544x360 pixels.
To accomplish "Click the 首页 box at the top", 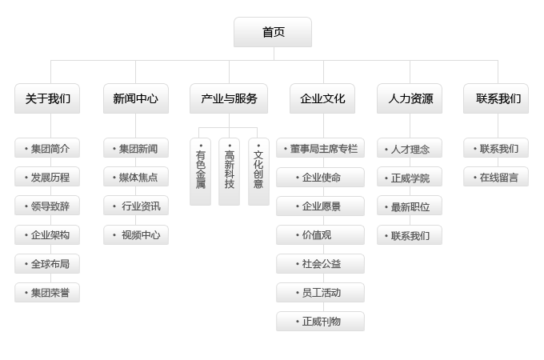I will click(x=273, y=32).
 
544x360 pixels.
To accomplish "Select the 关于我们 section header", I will click(x=47, y=98).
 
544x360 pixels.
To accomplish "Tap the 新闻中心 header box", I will click(x=135, y=98).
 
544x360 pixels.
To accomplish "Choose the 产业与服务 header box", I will click(x=229, y=98).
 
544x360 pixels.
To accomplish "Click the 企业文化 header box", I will click(x=322, y=98).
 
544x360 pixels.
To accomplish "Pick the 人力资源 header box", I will click(x=410, y=98).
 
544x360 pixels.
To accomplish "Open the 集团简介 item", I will click(x=47, y=149).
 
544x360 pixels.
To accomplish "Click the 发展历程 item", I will click(x=47, y=178).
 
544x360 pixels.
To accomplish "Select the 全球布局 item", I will click(x=47, y=264).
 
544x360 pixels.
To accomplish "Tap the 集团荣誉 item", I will click(x=47, y=293).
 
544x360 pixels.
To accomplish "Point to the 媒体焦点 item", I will click(x=135, y=178).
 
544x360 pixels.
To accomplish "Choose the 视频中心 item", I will click(x=135, y=235).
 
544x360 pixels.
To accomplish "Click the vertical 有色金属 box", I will click(x=200, y=171).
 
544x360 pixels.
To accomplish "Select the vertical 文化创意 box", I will click(x=258, y=171).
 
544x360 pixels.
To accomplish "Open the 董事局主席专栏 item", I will click(x=320, y=149).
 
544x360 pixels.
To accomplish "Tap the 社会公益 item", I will click(x=320, y=264).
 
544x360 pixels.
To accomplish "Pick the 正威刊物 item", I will click(x=320, y=322).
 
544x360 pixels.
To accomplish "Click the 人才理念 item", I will click(x=410, y=150).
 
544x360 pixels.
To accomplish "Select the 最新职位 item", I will click(x=410, y=207).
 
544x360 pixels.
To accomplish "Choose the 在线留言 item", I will click(x=496, y=178).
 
